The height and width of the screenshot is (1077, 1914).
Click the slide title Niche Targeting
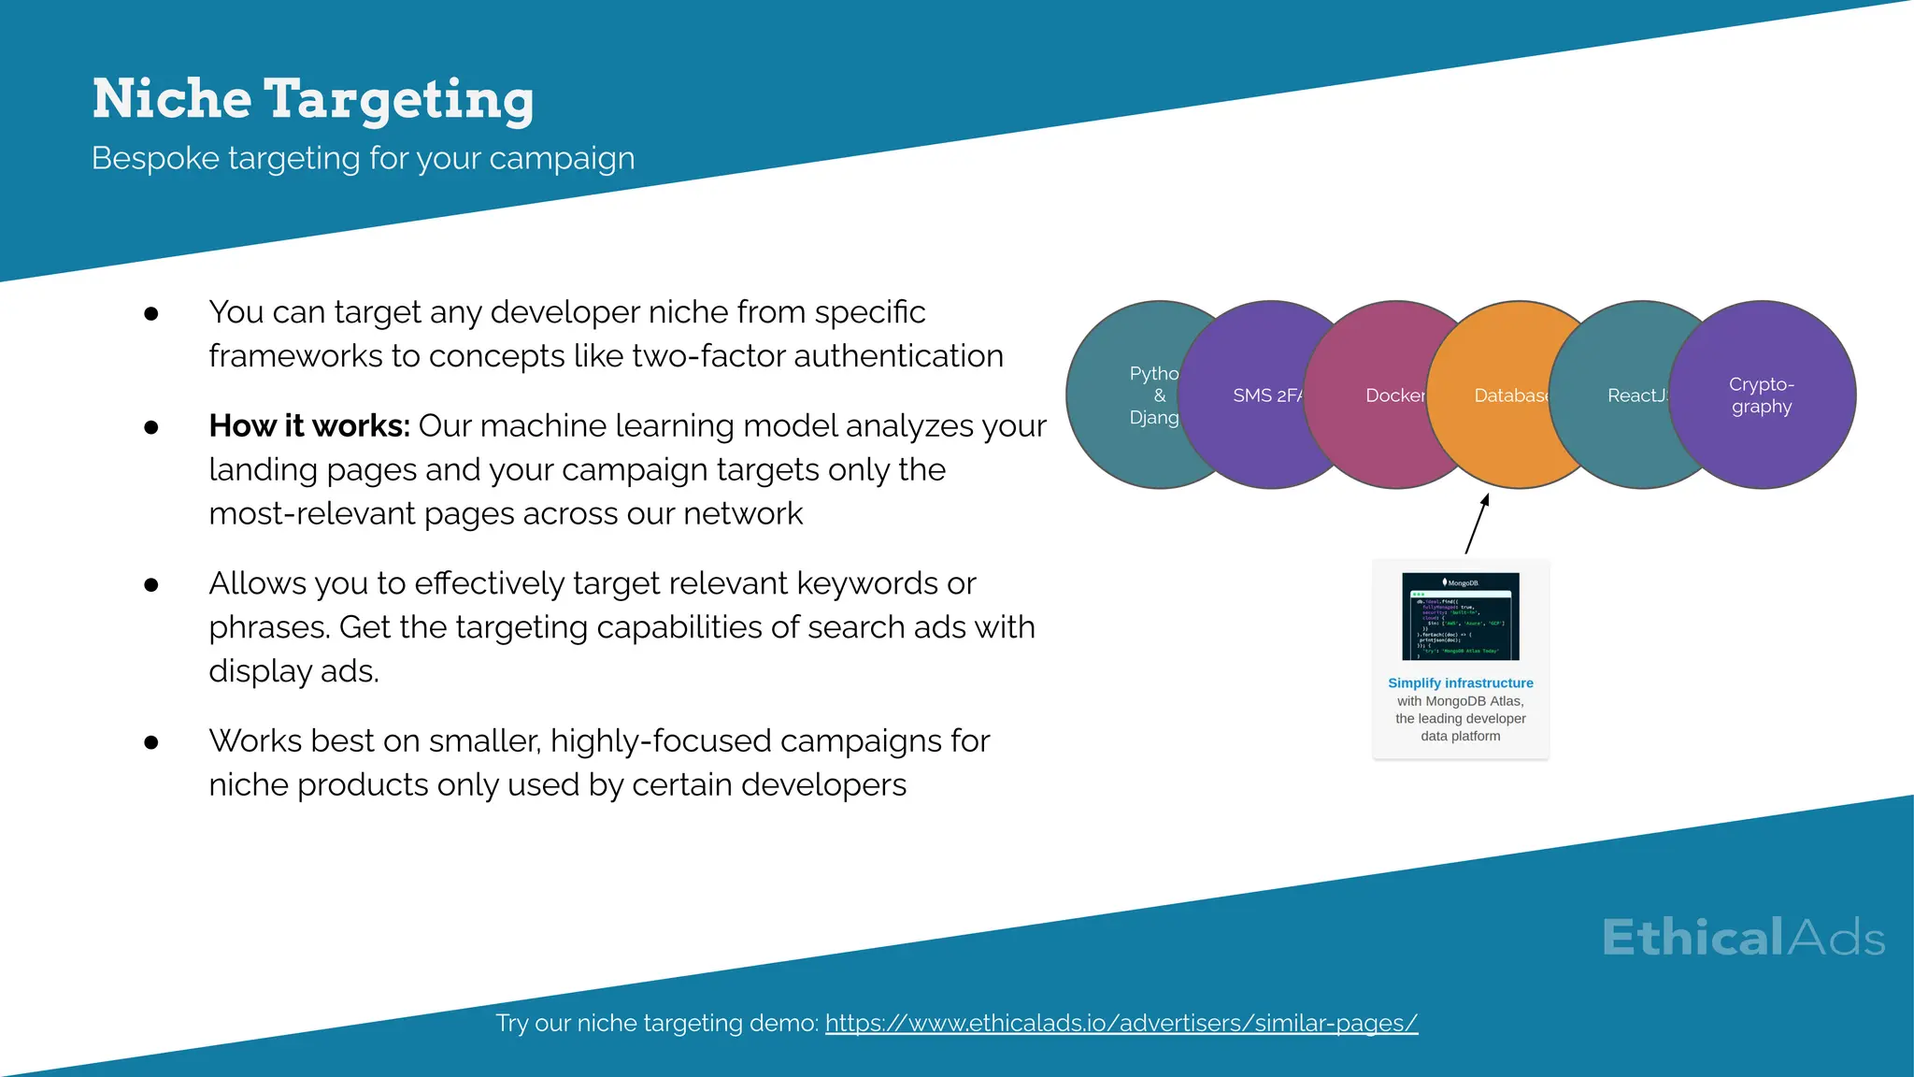[x=312, y=99]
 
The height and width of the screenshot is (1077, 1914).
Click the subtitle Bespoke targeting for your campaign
[x=363, y=158]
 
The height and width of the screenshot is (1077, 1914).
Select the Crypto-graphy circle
[x=1762, y=395]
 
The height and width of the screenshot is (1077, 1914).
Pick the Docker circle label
[x=1394, y=395]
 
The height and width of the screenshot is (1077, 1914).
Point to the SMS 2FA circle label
[x=1266, y=395]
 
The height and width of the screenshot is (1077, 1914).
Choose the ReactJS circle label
[x=1636, y=395]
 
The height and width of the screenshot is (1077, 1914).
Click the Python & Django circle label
[x=1153, y=395]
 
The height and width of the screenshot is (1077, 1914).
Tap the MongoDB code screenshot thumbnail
[x=1461, y=617]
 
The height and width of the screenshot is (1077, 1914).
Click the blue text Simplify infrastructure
[x=1461, y=683]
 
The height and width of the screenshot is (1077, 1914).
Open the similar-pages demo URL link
[x=1121, y=1023]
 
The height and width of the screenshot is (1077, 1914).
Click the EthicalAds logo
[x=1743, y=938]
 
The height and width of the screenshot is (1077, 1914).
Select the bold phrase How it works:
[x=309, y=425]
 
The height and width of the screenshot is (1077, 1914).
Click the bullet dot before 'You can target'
[x=151, y=314]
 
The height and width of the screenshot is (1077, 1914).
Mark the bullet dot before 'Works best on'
[x=151, y=743]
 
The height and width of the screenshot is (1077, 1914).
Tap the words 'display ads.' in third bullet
[x=293, y=671]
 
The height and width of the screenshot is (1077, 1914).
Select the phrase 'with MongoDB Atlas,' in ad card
[x=1461, y=701]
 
